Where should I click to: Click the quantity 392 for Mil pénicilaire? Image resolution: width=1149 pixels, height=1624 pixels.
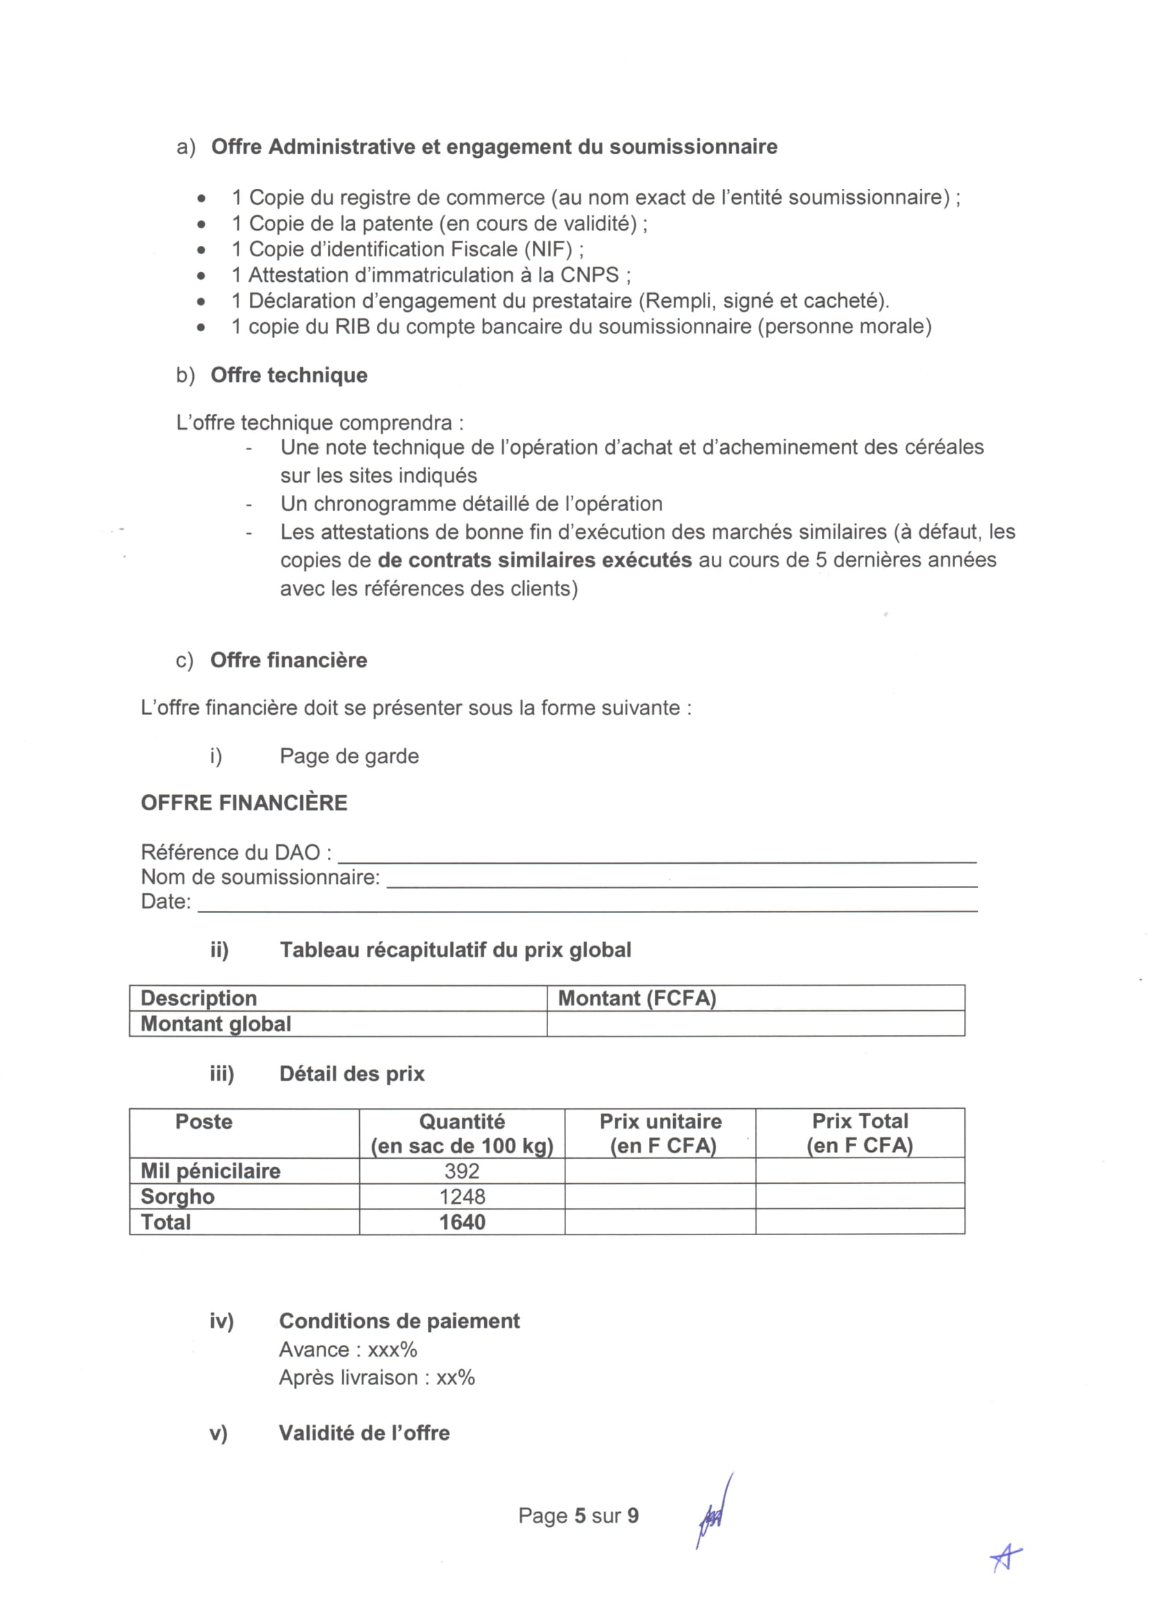coord(461,1171)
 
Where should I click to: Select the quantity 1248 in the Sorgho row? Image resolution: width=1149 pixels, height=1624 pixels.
coord(461,1196)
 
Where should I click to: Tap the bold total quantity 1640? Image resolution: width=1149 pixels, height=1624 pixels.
coord(461,1221)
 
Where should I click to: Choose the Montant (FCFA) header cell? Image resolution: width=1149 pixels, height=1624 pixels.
coord(637,998)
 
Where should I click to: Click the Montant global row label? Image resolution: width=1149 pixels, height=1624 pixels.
coord(216,1023)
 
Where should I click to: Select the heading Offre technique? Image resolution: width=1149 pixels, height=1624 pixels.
coord(289,375)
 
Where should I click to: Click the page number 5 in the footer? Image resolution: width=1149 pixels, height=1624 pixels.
coord(580,1515)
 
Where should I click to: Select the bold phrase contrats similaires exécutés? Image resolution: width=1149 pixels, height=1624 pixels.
coord(534,560)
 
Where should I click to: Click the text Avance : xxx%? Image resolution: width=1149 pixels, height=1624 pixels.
coord(348,1349)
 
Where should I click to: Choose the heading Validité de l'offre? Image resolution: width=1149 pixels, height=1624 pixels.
coord(365,1432)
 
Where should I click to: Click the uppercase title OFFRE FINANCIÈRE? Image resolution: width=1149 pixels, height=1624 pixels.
coord(244,803)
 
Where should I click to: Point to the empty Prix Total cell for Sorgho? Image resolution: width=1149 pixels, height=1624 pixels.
coord(859,1196)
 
